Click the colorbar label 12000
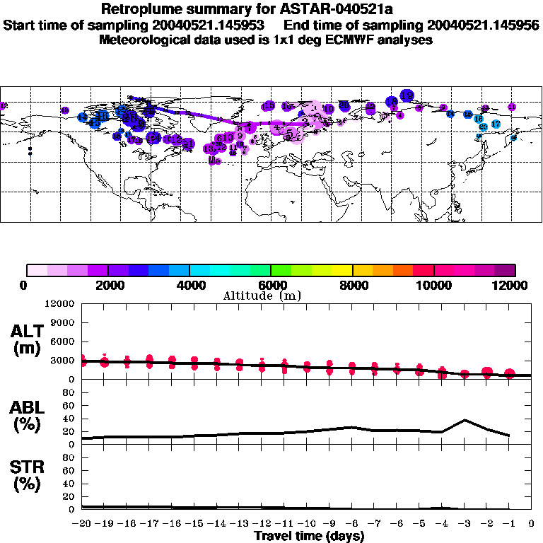[x=511, y=285]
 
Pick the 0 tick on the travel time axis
[x=532, y=523]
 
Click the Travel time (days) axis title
[x=310, y=537]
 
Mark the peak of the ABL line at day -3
[x=465, y=420]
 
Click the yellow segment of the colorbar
[x=343, y=270]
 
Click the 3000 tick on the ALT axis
[x=62, y=361]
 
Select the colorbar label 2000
[x=107, y=285]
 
